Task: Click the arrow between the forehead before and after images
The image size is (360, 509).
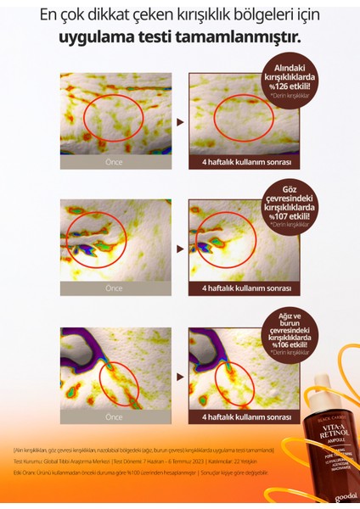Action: click(180, 122)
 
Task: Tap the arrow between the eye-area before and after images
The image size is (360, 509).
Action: click(180, 250)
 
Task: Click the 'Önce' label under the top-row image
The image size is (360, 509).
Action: click(114, 161)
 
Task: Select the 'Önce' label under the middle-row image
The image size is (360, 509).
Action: click(114, 288)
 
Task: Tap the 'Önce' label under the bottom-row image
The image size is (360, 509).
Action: click(114, 417)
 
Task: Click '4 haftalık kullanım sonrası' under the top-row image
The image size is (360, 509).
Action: click(247, 161)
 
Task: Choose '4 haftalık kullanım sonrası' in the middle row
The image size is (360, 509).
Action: click(247, 288)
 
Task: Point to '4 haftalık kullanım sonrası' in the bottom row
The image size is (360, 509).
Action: click(247, 417)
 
